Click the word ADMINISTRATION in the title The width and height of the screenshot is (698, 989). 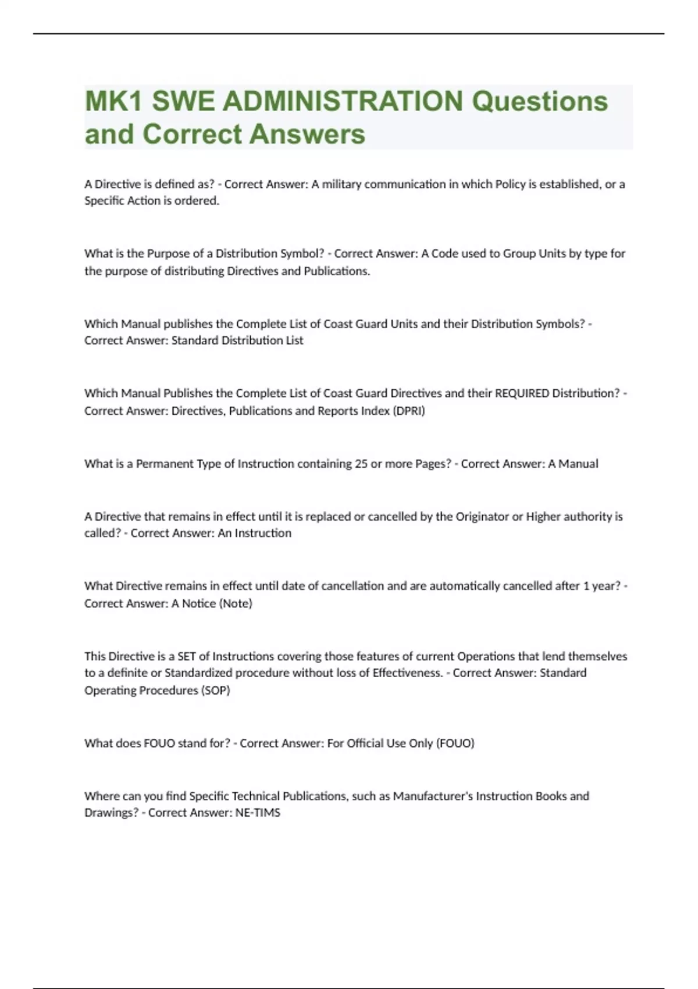click(343, 102)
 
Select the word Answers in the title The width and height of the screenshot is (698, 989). click(307, 134)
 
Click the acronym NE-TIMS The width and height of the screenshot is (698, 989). click(257, 813)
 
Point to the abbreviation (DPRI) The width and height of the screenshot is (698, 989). click(409, 411)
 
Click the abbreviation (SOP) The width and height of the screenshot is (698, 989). click(216, 691)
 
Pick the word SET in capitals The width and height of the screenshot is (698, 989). click(186, 656)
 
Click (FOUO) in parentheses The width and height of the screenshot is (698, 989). click(455, 743)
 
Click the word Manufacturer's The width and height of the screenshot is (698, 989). click(433, 796)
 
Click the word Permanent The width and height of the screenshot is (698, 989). click(162, 464)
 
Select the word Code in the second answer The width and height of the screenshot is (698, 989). click(445, 254)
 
